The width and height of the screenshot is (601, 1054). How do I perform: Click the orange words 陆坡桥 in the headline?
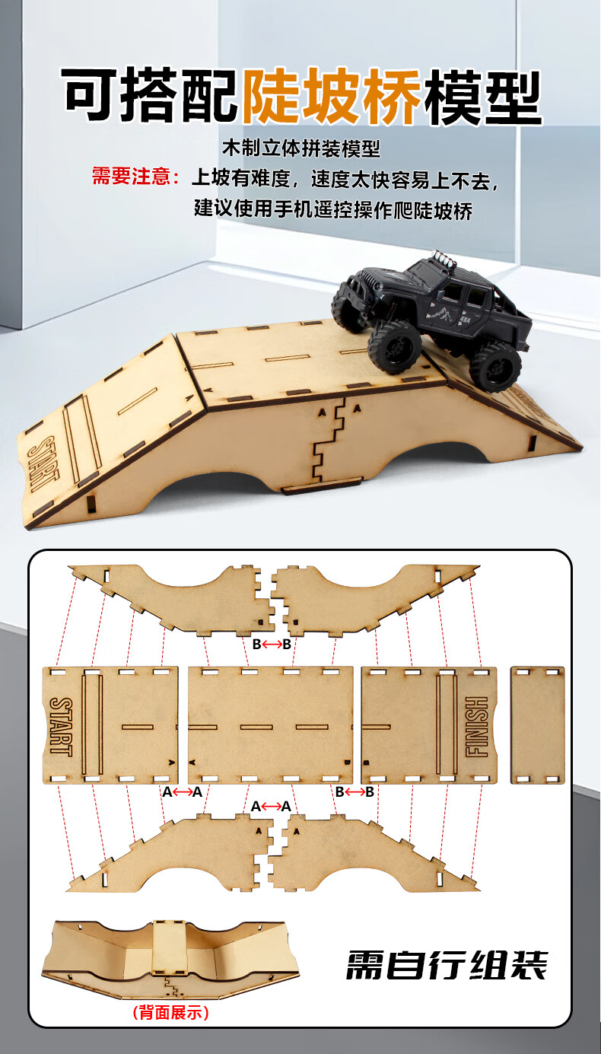point(331,96)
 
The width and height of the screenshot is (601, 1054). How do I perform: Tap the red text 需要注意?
point(131,177)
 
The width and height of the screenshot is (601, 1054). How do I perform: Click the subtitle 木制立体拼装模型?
point(301,148)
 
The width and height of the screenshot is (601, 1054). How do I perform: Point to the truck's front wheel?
point(394,345)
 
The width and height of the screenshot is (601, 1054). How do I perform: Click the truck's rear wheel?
point(495,367)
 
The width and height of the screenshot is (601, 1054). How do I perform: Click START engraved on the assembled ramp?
point(43,464)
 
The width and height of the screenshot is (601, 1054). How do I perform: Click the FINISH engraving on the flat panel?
point(477,727)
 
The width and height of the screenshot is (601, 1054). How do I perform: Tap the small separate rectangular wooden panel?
point(538,725)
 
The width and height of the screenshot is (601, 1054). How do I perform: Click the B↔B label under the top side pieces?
point(272,644)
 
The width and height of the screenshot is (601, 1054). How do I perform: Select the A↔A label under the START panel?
point(182,792)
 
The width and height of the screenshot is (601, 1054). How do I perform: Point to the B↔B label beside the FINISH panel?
point(355,792)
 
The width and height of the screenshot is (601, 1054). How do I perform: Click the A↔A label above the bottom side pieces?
point(271,807)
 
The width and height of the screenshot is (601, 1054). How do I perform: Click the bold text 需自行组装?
point(447,966)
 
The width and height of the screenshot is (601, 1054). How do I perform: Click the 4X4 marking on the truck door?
point(465,320)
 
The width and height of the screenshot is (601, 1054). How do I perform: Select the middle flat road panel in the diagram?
point(270,725)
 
